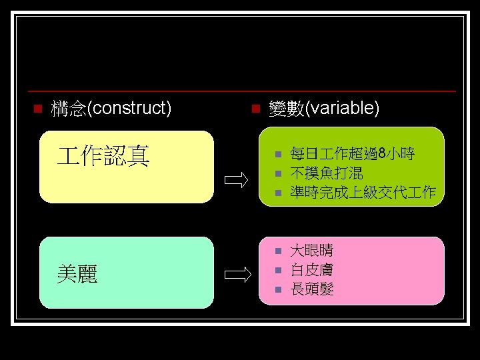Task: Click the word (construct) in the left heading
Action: tap(129, 108)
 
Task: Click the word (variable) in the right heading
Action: tap(341, 108)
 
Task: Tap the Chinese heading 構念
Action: tap(69, 108)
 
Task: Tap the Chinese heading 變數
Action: tap(285, 108)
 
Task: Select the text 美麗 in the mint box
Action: tap(77, 273)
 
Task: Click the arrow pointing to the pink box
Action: tap(236, 274)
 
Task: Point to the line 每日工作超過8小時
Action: tap(353, 155)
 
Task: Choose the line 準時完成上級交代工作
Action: tap(363, 193)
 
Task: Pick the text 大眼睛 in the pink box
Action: tap(312, 251)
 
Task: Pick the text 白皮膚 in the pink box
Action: tap(312, 270)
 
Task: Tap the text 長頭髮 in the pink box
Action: tap(312, 289)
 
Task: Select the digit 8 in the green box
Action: tap(382, 155)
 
